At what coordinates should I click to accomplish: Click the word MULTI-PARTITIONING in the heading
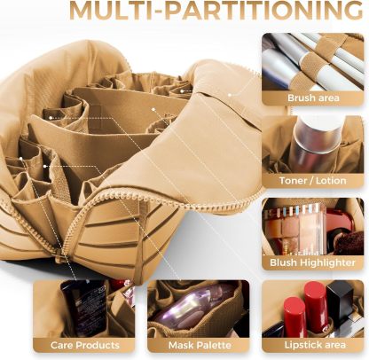click(x=216, y=11)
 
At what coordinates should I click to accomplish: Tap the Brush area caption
click(x=313, y=98)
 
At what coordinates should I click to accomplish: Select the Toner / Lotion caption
click(x=312, y=181)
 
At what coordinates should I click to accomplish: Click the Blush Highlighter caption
click(x=312, y=262)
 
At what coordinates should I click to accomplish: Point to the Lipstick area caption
click(x=315, y=345)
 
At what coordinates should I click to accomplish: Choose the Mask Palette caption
click(x=200, y=345)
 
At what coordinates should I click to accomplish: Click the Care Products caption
click(x=85, y=345)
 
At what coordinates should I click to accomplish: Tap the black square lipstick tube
click(x=340, y=301)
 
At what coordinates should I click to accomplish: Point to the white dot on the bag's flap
click(x=229, y=95)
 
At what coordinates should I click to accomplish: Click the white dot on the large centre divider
click(x=153, y=109)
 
